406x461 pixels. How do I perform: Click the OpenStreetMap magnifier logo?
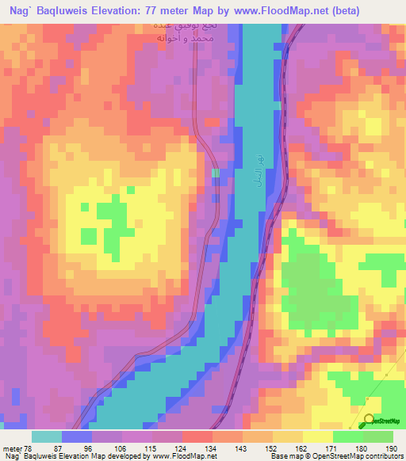click(x=370, y=421)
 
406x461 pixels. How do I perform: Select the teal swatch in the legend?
click(x=47, y=436)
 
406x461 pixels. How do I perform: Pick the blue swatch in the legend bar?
click(x=77, y=436)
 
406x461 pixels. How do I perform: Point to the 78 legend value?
click(x=30, y=448)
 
